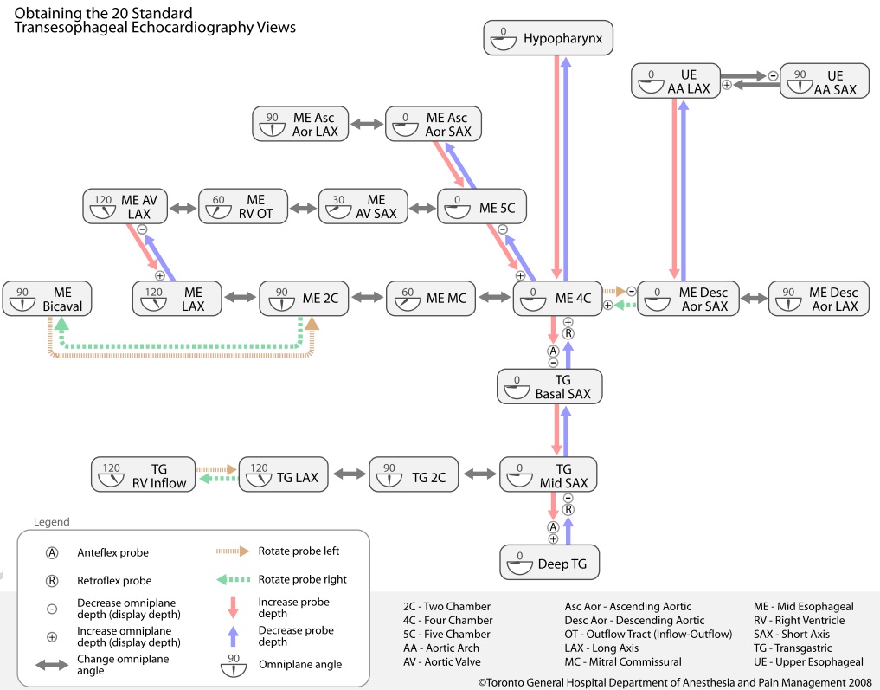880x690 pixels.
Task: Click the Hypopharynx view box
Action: [549, 38]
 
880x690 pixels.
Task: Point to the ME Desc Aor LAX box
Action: [819, 299]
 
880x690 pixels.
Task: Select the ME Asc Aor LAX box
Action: [301, 124]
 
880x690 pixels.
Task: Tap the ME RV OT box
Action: [243, 207]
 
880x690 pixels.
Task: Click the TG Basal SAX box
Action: [549, 385]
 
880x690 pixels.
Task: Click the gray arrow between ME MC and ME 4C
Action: [495, 299]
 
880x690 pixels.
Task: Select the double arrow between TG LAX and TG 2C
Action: [349, 475]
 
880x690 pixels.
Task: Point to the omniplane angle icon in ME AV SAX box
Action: [337, 208]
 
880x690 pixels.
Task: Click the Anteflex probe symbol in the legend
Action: [52, 552]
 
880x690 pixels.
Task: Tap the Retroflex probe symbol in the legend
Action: [52, 580]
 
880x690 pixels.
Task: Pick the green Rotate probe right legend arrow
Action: [232, 579]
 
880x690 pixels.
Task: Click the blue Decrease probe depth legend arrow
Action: [232, 636]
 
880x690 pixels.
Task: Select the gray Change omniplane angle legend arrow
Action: [52, 665]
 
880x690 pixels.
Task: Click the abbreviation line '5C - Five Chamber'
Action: [447, 635]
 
